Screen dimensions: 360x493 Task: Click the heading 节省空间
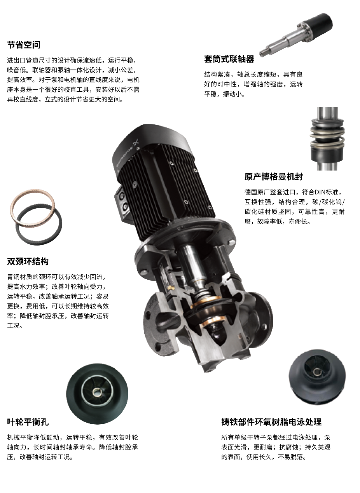(x=24, y=45)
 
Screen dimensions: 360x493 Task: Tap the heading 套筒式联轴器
(x=229, y=59)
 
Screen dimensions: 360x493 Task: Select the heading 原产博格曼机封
(x=274, y=176)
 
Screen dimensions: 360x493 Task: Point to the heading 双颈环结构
(x=28, y=261)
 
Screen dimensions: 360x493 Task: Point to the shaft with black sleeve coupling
(x=296, y=35)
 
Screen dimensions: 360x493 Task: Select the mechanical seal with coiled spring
(x=327, y=139)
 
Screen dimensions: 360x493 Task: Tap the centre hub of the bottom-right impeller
(x=317, y=372)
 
